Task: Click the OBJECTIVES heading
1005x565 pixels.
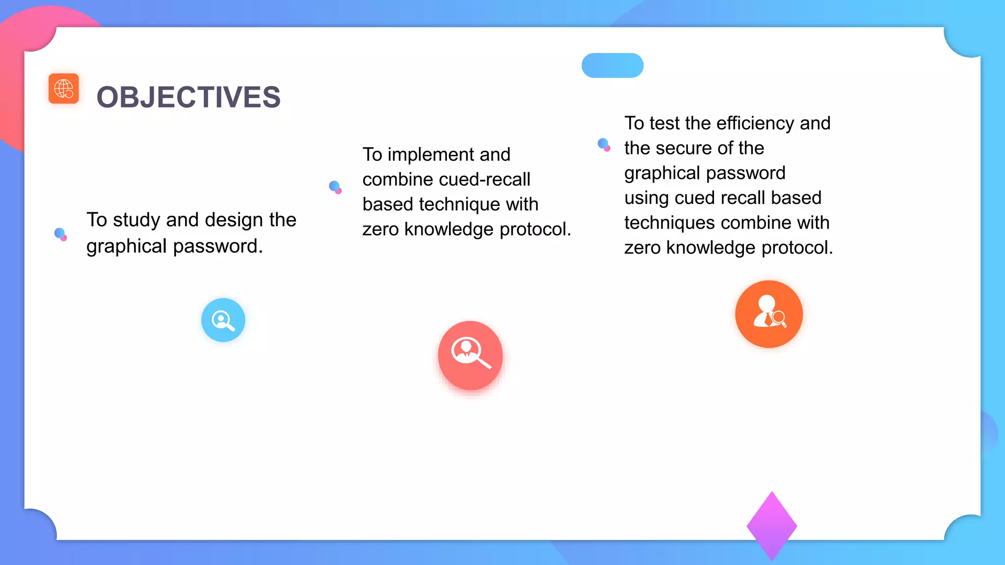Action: coord(188,97)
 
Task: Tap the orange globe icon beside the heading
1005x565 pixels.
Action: coord(64,89)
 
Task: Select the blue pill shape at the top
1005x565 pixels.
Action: coord(612,66)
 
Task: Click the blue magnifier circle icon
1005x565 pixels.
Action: coord(223,320)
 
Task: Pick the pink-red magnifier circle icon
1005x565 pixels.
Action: coord(470,355)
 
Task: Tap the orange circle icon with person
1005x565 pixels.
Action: coord(768,314)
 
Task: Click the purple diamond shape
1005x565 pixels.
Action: coord(771,526)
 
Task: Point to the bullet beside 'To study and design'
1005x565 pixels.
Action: coord(60,234)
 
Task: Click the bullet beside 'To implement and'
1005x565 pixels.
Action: coord(335,187)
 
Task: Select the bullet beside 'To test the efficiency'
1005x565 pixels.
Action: coord(604,145)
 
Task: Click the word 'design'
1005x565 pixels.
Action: coord(232,220)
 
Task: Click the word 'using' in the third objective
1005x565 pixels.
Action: coord(647,198)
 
